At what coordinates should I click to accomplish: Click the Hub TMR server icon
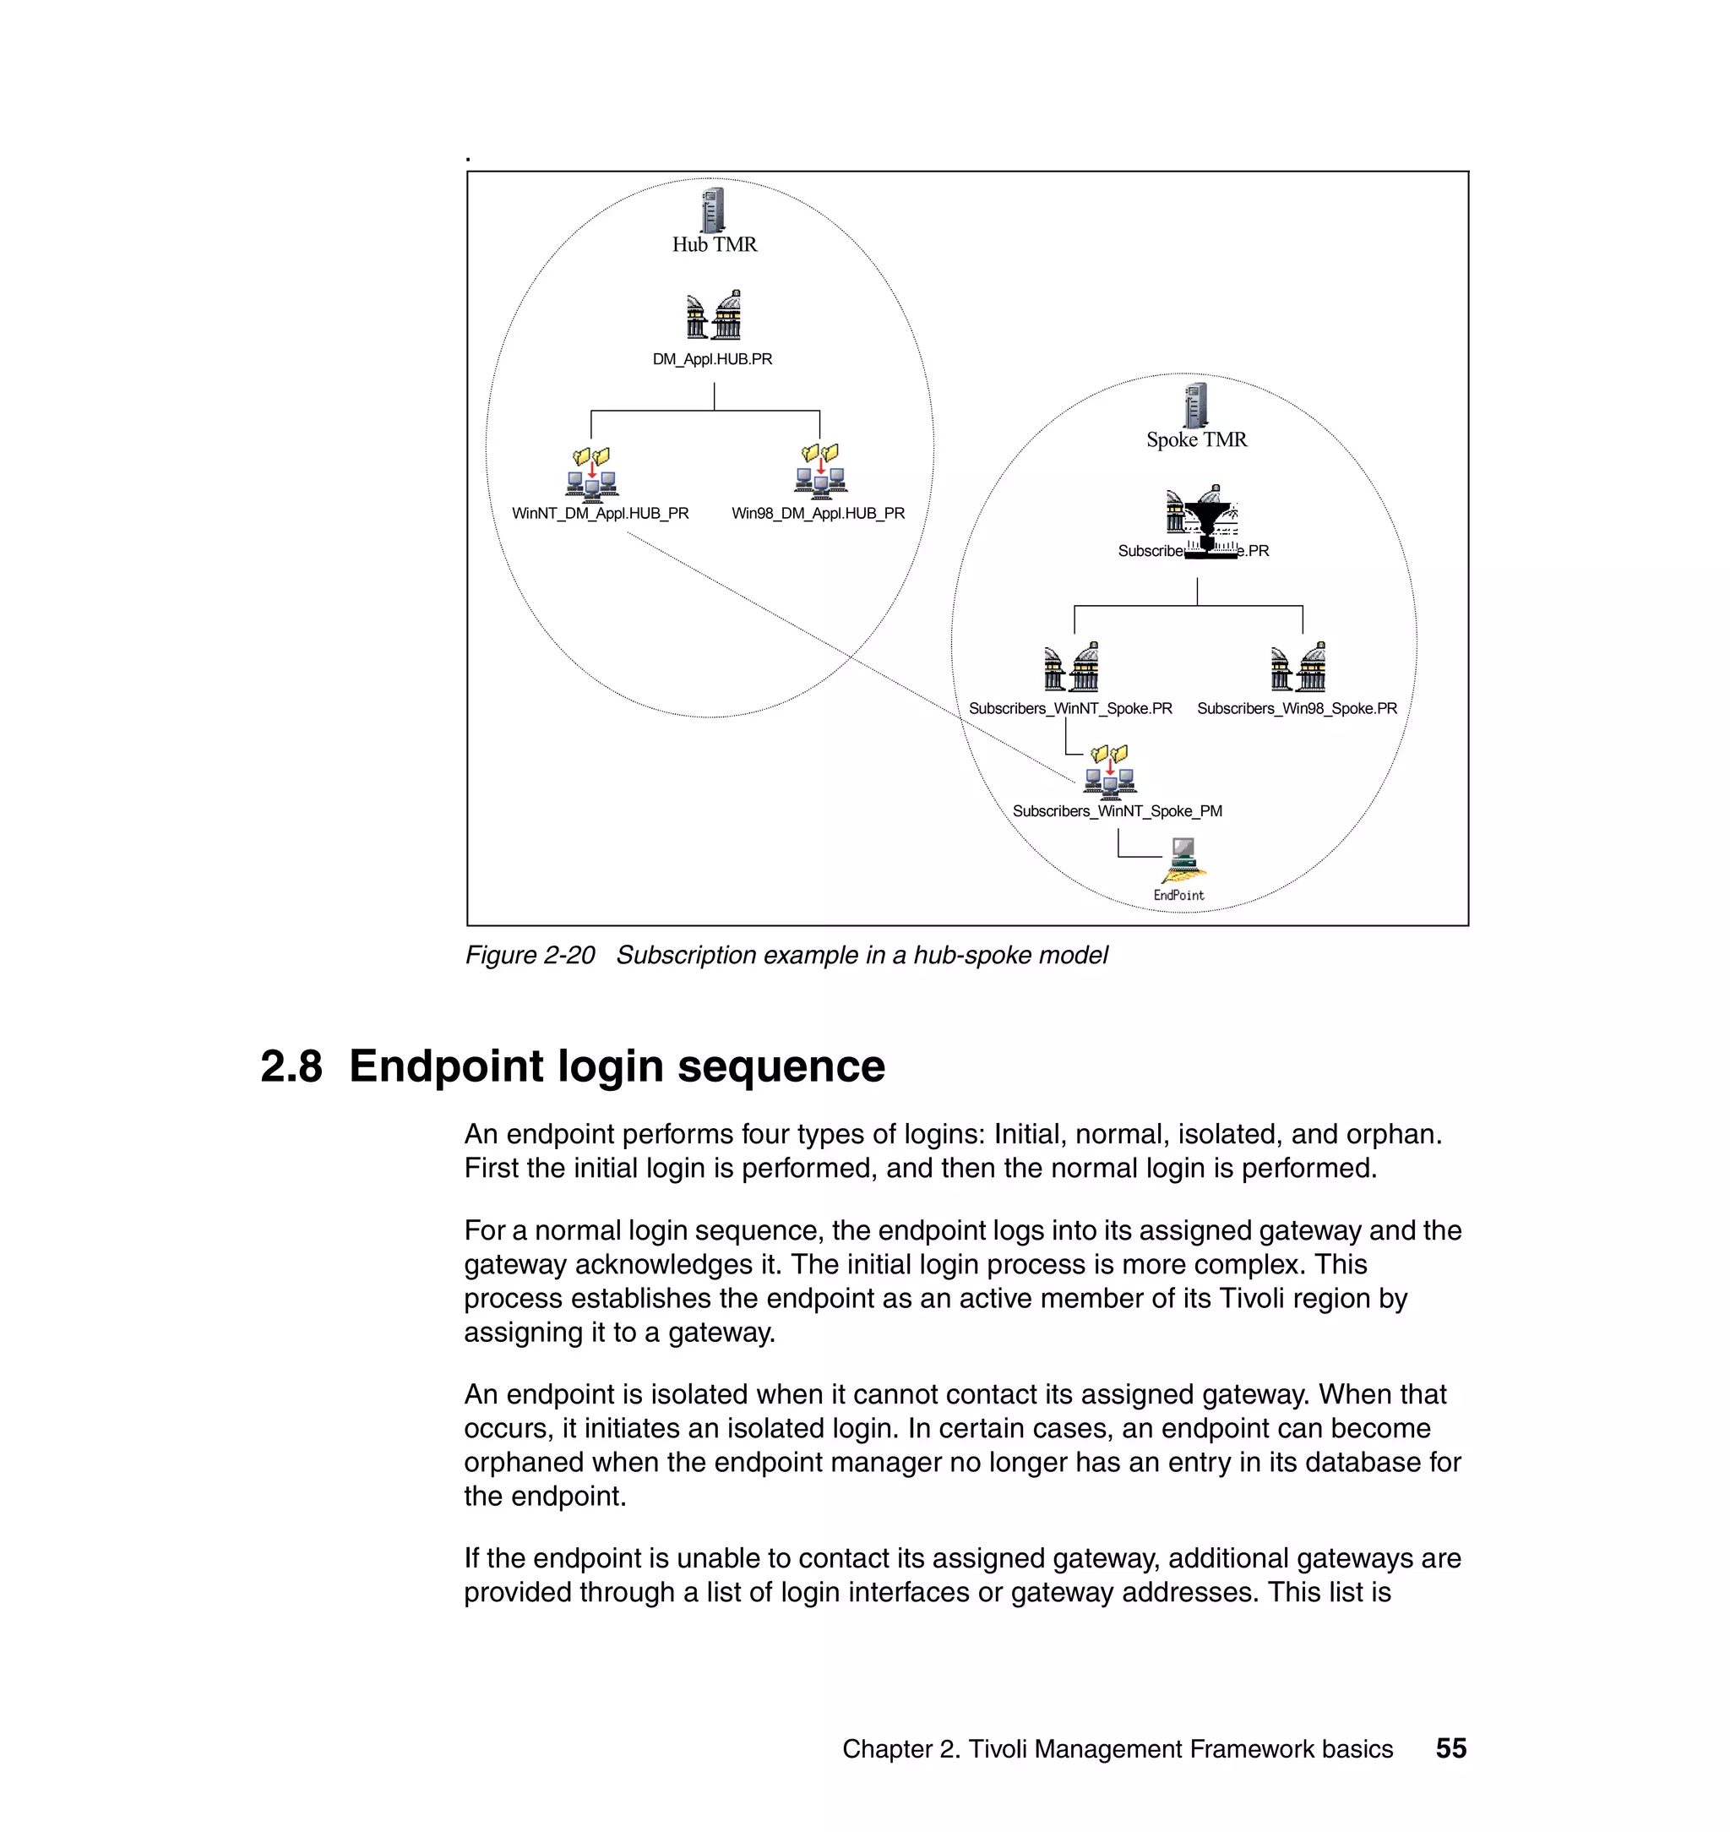(x=712, y=210)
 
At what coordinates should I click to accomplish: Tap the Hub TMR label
(x=714, y=244)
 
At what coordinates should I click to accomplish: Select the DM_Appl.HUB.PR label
(x=712, y=359)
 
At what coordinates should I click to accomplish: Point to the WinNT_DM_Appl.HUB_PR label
(x=601, y=513)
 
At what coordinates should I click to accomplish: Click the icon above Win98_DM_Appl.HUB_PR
(x=820, y=471)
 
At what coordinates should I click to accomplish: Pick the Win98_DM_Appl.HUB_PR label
(x=818, y=513)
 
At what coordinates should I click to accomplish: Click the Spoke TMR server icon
(x=1195, y=405)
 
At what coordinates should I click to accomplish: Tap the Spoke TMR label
(x=1196, y=440)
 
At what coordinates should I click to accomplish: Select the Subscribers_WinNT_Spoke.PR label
(x=1069, y=708)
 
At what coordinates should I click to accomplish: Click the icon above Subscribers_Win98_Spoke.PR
(x=1297, y=667)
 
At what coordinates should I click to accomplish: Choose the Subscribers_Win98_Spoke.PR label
(x=1297, y=708)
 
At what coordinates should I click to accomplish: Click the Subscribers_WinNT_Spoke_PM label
(x=1117, y=811)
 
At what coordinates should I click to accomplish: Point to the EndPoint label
(x=1178, y=895)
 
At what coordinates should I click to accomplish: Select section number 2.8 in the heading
(x=291, y=1066)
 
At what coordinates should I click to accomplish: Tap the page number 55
(x=1450, y=1748)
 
